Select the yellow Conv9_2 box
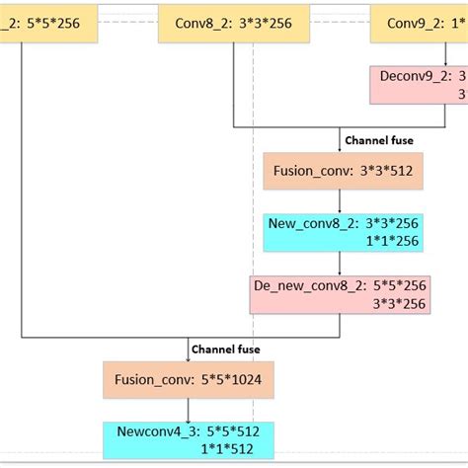(x=419, y=23)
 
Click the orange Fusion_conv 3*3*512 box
(x=339, y=171)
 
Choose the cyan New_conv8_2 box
(x=340, y=233)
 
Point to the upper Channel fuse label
(x=378, y=140)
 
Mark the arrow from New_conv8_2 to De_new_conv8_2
(x=340, y=264)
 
